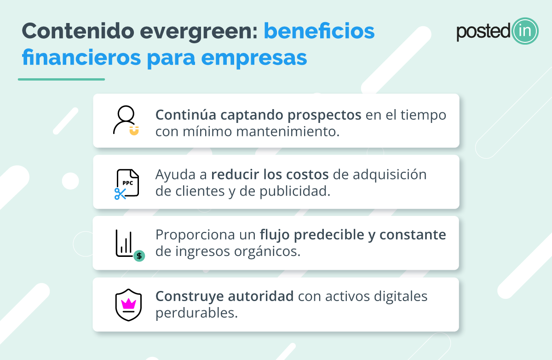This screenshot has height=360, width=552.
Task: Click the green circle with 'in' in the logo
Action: pyautogui.click(x=525, y=31)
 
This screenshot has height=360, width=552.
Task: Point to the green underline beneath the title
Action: pyautogui.click(x=61, y=79)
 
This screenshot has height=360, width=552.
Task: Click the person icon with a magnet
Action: pyautogui.click(x=126, y=120)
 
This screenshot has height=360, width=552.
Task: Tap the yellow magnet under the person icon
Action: pyautogui.click(x=134, y=131)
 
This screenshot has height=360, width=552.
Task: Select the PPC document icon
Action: pyautogui.click(x=127, y=183)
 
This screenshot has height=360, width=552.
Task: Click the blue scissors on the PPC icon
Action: pyautogui.click(x=120, y=194)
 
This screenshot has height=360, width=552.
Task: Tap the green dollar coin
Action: pyautogui.click(x=139, y=255)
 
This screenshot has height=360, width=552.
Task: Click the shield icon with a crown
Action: pyautogui.click(x=128, y=305)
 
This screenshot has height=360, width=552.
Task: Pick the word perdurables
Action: pyautogui.click(x=196, y=313)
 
